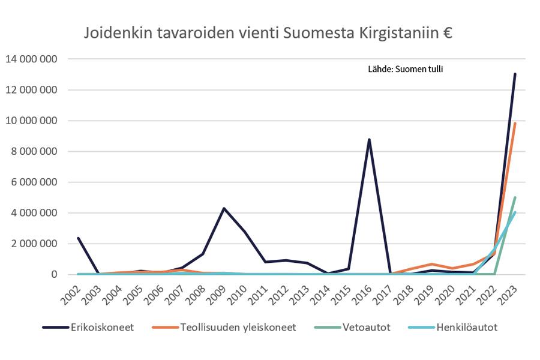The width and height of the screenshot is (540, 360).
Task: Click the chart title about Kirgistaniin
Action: tap(268, 32)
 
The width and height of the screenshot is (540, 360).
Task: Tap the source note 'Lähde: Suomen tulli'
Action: tap(405, 69)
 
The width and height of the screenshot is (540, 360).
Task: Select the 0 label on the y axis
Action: tap(55, 274)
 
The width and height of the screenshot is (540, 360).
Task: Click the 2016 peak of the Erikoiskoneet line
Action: tap(370, 140)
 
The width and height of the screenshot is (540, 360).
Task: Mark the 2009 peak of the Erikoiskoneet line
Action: tap(224, 208)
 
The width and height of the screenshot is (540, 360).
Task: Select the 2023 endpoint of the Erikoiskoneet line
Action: tap(515, 74)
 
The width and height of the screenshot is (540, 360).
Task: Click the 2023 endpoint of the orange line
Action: tap(515, 123)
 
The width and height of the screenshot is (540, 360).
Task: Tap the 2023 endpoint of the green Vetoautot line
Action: tap(515, 197)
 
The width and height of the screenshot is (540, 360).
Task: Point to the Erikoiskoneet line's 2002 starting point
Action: tap(79, 238)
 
